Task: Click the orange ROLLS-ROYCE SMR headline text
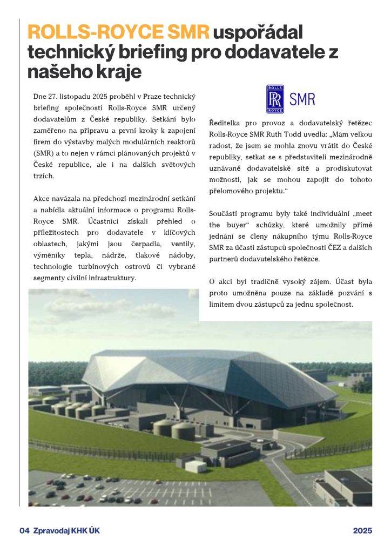tap(118, 33)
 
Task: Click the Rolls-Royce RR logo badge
tap(275, 99)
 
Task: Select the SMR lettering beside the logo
tap(302, 99)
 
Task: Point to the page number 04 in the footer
tap(24, 531)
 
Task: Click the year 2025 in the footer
tap(362, 531)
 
